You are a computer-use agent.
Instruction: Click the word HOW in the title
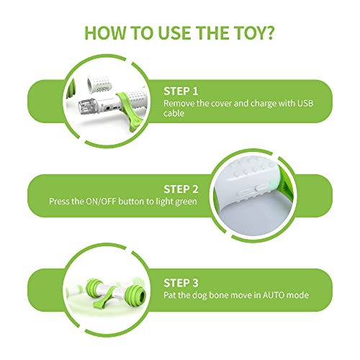(x=103, y=33)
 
